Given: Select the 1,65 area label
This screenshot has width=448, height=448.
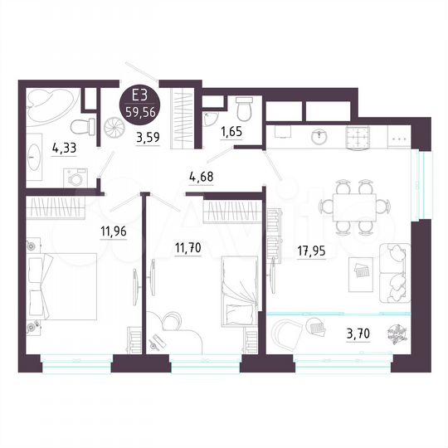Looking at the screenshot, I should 230,130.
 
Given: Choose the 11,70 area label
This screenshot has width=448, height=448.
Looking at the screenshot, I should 190,246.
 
